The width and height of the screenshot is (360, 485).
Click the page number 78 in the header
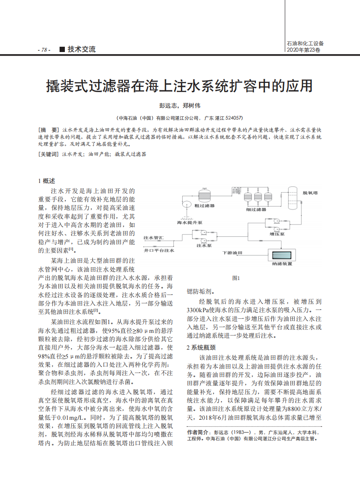[44, 50]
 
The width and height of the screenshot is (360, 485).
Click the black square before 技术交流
[62, 49]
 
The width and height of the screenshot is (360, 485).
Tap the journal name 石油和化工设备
[305, 44]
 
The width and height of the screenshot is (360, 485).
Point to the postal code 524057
[233, 118]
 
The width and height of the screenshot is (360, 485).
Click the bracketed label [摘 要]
[49, 131]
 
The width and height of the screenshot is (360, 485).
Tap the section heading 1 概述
[47, 181]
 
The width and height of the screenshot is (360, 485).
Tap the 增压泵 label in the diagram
[277, 235]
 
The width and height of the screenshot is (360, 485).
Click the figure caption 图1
[236, 278]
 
